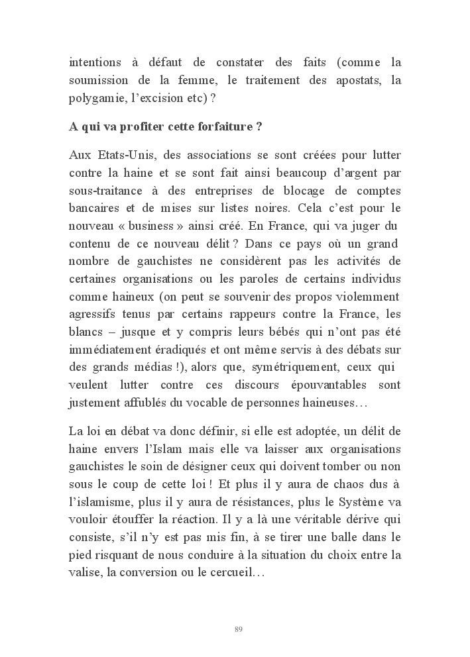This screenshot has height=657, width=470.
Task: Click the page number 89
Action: tap(239, 629)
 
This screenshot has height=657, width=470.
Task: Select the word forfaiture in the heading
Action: tap(219, 127)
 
